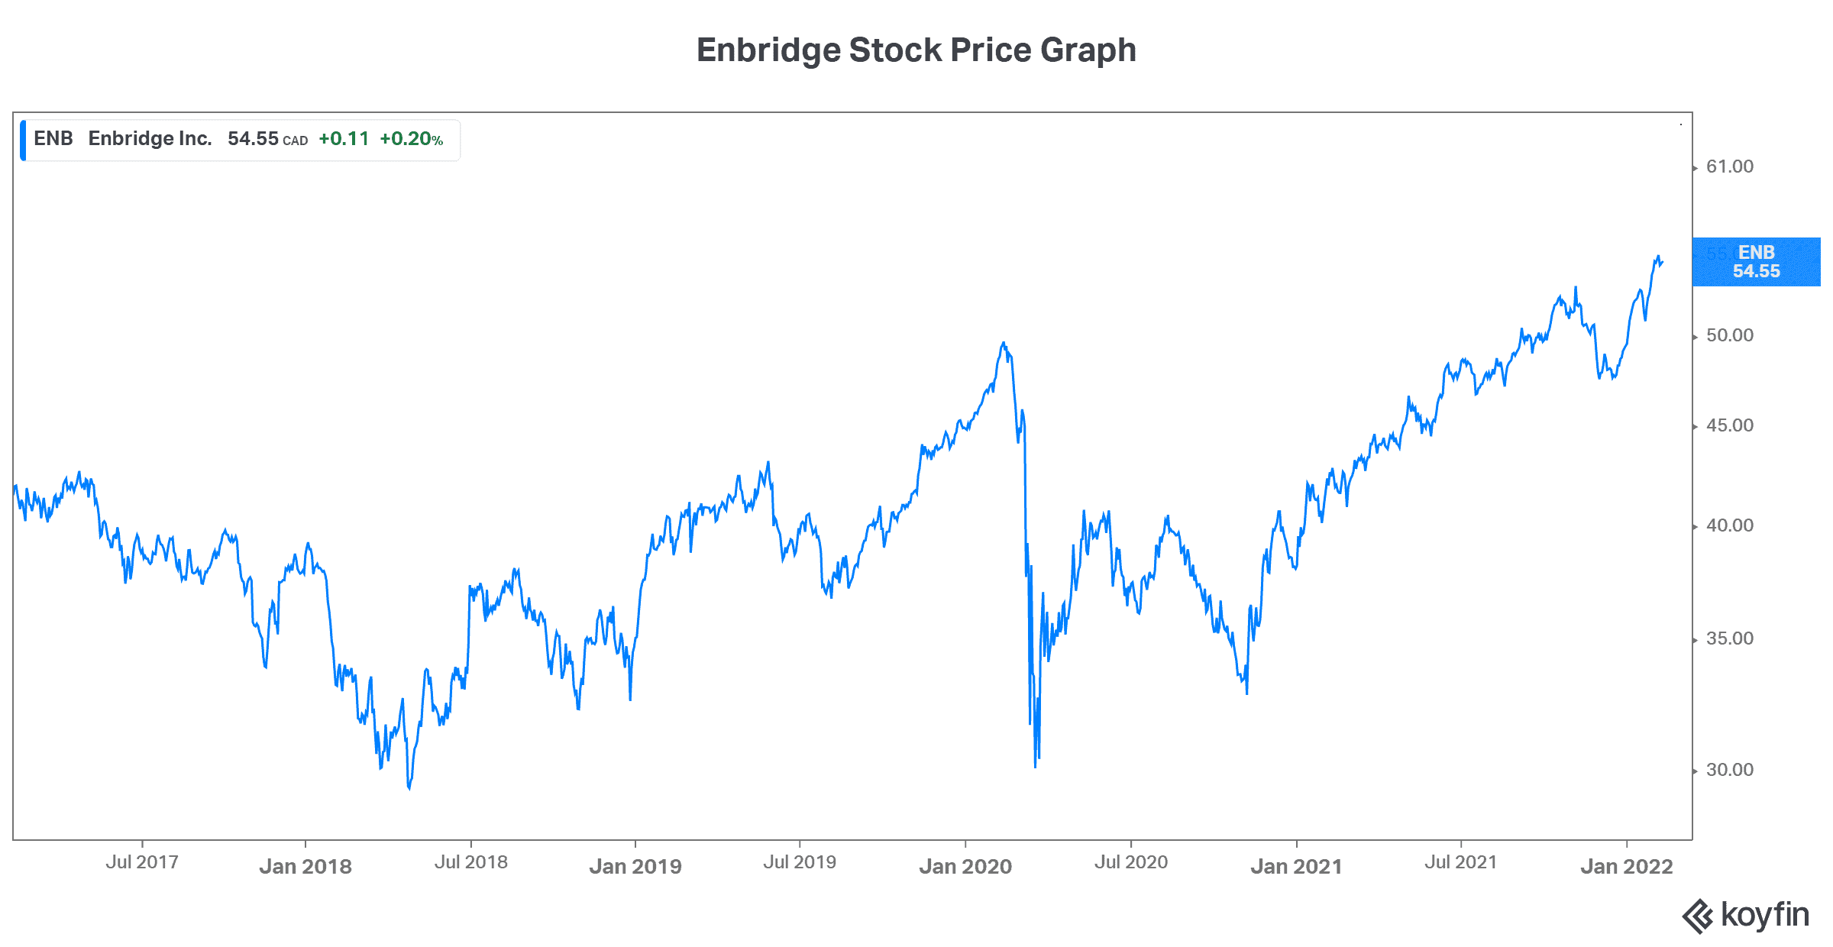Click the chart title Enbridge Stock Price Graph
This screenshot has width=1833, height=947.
point(916,50)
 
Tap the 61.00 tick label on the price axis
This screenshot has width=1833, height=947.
point(1729,166)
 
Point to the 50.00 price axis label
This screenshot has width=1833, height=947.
point(1729,335)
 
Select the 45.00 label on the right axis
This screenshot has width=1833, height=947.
point(1729,425)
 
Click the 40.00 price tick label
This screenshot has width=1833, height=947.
point(1729,525)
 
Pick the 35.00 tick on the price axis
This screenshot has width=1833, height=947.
point(1729,638)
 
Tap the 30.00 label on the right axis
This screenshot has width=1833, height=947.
point(1729,770)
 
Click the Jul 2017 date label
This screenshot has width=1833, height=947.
point(142,862)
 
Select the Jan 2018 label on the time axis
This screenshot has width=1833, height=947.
point(305,866)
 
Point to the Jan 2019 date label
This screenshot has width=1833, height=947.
point(635,866)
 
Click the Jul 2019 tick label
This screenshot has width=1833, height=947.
point(800,862)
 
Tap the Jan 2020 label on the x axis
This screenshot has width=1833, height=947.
point(965,866)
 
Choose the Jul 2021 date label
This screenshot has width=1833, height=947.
point(1460,862)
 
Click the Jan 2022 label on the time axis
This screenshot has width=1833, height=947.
point(1627,866)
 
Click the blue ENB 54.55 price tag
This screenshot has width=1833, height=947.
point(1756,262)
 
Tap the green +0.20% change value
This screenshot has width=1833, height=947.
point(411,139)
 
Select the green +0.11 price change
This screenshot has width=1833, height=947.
point(344,139)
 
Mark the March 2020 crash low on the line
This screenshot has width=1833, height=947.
point(1036,766)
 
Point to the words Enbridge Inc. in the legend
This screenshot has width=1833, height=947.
point(150,138)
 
